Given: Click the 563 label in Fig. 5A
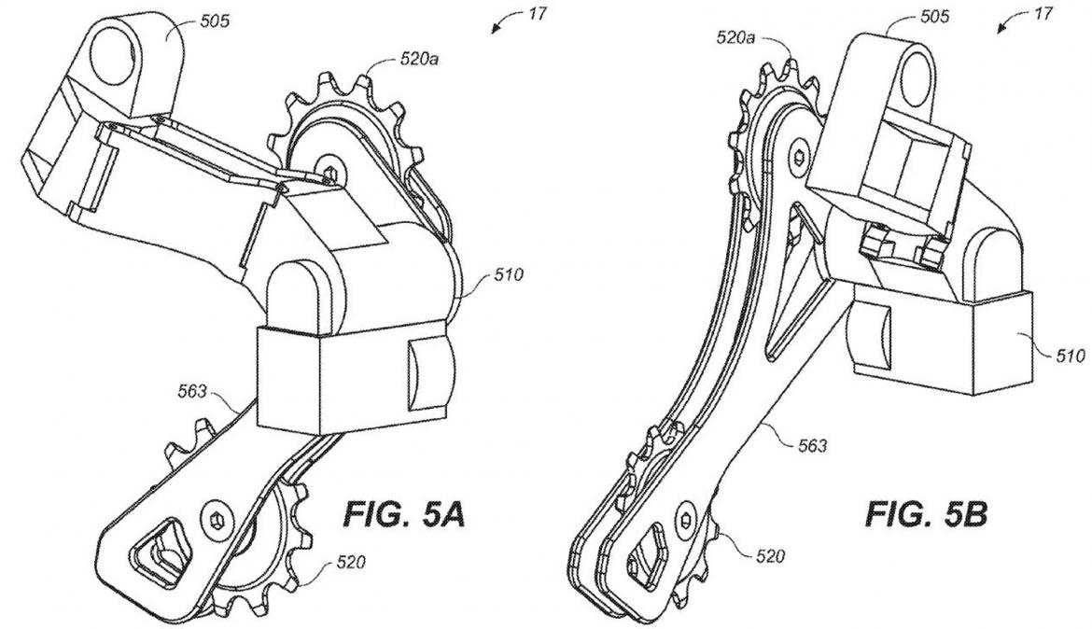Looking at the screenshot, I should click(193, 392).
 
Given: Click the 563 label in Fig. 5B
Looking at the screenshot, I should click(812, 446).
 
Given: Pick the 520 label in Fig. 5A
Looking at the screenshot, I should click(353, 562).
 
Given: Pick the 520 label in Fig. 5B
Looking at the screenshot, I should click(771, 556).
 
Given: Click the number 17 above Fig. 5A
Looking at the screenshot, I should click(538, 13).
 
